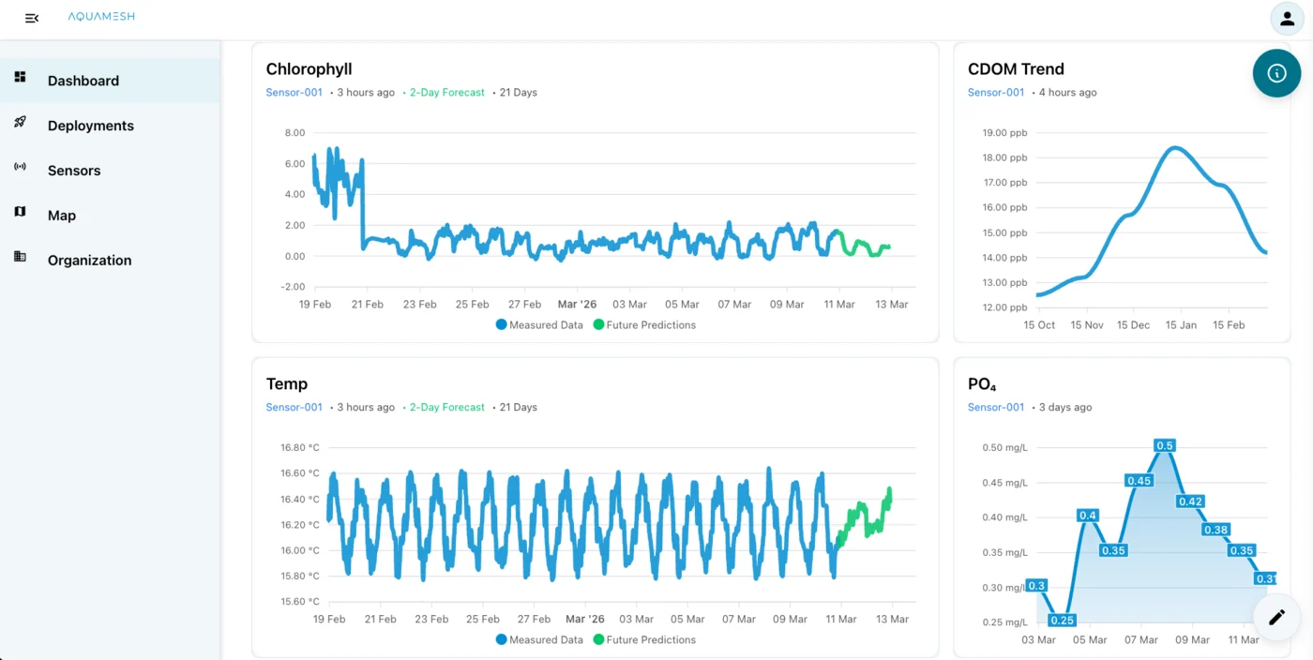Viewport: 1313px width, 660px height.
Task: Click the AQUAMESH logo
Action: click(x=101, y=17)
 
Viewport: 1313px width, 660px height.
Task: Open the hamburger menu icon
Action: click(x=32, y=18)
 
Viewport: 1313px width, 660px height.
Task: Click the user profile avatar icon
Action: click(x=1287, y=19)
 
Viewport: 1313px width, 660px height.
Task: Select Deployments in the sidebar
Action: click(x=90, y=126)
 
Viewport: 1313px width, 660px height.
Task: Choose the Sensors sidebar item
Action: click(x=74, y=171)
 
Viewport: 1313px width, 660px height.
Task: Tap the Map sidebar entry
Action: click(x=62, y=216)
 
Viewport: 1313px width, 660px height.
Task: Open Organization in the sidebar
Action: click(x=89, y=261)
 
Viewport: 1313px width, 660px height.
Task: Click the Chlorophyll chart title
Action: click(x=309, y=68)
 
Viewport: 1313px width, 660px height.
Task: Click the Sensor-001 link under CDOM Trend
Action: click(x=996, y=92)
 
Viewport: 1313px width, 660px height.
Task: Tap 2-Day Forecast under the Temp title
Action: click(x=446, y=407)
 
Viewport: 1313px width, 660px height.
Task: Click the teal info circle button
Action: click(x=1276, y=73)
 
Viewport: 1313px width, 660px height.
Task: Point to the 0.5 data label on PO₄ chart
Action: click(x=1165, y=445)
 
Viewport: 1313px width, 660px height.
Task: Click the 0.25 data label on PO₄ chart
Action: click(x=1063, y=620)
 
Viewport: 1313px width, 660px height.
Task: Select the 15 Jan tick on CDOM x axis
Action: click(x=1181, y=324)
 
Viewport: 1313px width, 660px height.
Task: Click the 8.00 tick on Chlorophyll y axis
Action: click(x=294, y=132)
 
